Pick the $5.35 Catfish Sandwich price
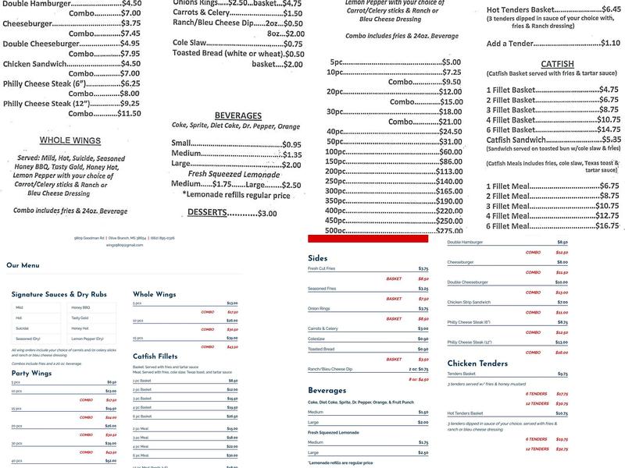point(605,140)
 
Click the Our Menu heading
point(23,265)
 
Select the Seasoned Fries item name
point(324,288)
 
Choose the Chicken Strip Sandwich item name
point(470,302)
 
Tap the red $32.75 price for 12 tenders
point(561,450)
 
